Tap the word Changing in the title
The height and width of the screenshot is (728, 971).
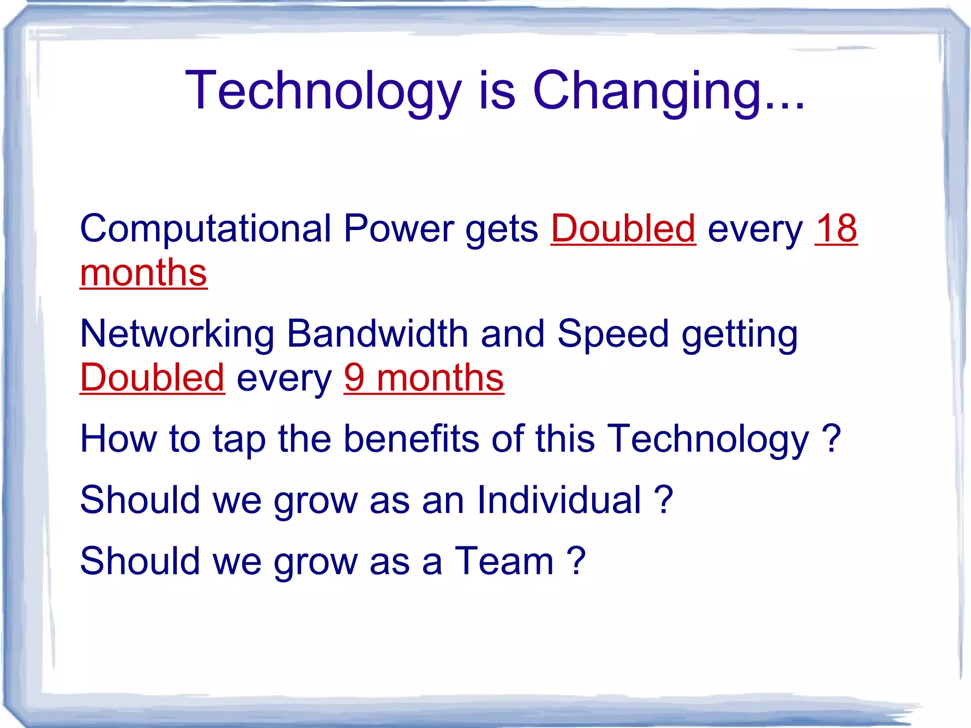pos(647,91)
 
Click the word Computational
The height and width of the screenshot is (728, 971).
pos(205,229)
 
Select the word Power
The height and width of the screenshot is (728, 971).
pos(399,229)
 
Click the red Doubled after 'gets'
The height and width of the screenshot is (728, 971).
pos(623,229)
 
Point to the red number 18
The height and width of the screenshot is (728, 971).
pos(836,229)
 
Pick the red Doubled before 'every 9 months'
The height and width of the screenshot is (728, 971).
pos(152,378)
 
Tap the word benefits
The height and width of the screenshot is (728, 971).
pos(411,439)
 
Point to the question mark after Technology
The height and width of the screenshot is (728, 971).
pos(831,439)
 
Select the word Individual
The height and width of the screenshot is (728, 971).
pos(559,500)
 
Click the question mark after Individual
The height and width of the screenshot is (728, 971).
pos(663,500)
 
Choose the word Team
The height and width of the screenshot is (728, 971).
pos(504,561)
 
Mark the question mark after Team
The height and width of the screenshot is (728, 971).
pos(577,561)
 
